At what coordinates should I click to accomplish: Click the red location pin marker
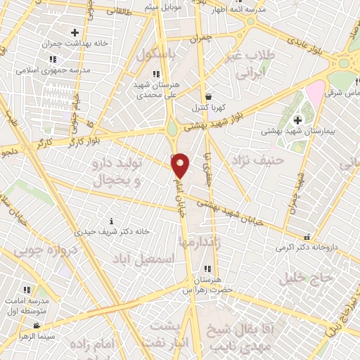[181, 165]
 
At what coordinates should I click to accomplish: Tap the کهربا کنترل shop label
[209, 108]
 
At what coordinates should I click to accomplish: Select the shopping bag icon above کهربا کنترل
[208, 97]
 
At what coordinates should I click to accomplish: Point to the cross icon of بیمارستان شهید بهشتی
[298, 120]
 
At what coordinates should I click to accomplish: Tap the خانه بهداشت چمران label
[75, 44]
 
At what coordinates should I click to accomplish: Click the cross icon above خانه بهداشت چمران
[75, 32]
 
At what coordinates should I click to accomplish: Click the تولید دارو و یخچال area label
[117, 172]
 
